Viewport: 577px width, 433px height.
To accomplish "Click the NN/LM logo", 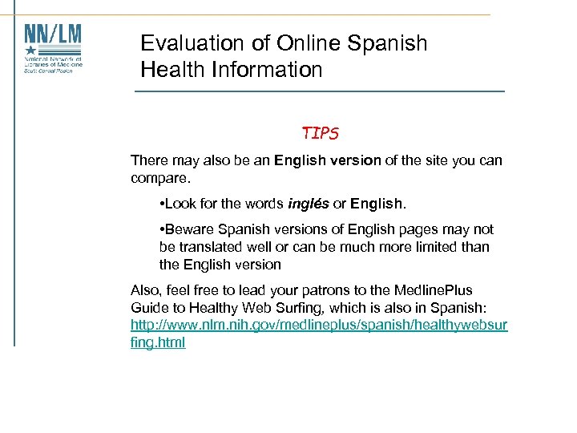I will (53, 48).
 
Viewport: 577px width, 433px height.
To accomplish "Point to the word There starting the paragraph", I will (150, 160).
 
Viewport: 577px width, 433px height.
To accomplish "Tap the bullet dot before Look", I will (163, 203).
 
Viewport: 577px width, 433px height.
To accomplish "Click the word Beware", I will (189, 229).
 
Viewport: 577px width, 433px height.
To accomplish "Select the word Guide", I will (148, 307).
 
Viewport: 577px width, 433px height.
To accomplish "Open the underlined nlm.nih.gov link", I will (319, 325).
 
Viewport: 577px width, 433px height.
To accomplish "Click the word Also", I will (147, 289).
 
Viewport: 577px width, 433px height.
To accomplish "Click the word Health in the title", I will (171, 70).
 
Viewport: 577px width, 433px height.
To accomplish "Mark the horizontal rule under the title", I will (320, 91).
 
